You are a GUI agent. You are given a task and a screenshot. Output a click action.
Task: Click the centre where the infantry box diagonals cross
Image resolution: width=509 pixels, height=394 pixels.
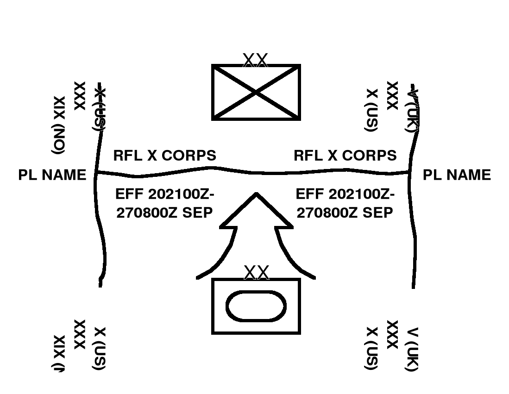[x=256, y=93]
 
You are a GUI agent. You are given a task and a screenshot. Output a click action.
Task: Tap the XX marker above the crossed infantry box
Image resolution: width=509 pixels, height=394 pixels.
[x=255, y=60]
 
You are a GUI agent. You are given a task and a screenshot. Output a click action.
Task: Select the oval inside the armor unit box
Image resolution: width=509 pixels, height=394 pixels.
[x=256, y=306]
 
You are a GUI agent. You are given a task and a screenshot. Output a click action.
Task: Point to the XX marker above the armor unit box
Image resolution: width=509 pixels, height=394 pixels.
[x=256, y=273]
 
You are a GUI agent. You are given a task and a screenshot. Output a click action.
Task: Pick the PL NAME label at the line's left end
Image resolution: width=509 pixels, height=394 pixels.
[x=52, y=175]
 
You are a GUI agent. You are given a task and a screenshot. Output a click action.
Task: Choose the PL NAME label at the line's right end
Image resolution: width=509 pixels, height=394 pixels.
[x=457, y=175]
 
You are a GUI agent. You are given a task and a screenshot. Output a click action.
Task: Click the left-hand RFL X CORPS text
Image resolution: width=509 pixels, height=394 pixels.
[x=164, y=155]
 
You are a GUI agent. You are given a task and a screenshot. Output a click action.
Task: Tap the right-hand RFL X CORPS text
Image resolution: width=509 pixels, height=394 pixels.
[x=345, y=155]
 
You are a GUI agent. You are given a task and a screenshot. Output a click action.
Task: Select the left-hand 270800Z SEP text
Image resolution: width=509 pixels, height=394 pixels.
[x=164, y=213]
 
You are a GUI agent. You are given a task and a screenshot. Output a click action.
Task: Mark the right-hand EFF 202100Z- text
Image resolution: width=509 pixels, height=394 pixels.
[x=345, y=193]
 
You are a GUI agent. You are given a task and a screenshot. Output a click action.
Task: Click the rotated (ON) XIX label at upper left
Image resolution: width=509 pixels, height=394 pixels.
[x=59, y=125]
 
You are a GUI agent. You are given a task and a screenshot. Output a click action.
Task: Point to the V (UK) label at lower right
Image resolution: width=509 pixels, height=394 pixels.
[x=412, y=349]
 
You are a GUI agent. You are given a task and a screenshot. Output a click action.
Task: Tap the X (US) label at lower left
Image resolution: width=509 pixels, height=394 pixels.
[x=100, y=349]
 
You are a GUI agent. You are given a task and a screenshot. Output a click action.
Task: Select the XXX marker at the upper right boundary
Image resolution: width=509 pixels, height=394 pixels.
[x=392, y=95]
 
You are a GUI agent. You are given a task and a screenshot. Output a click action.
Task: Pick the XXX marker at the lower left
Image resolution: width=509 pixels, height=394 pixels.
[x=79, y=334]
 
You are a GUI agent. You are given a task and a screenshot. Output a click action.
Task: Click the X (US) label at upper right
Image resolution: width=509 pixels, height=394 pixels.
[x=371, y=110]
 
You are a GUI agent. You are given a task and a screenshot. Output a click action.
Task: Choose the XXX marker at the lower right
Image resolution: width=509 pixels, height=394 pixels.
[x=392, y=334]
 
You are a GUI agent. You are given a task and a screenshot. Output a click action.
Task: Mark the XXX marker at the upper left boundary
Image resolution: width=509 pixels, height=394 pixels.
[x=79, y=96]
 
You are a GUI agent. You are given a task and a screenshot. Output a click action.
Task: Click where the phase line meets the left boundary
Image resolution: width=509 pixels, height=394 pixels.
[x=96, y=173]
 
